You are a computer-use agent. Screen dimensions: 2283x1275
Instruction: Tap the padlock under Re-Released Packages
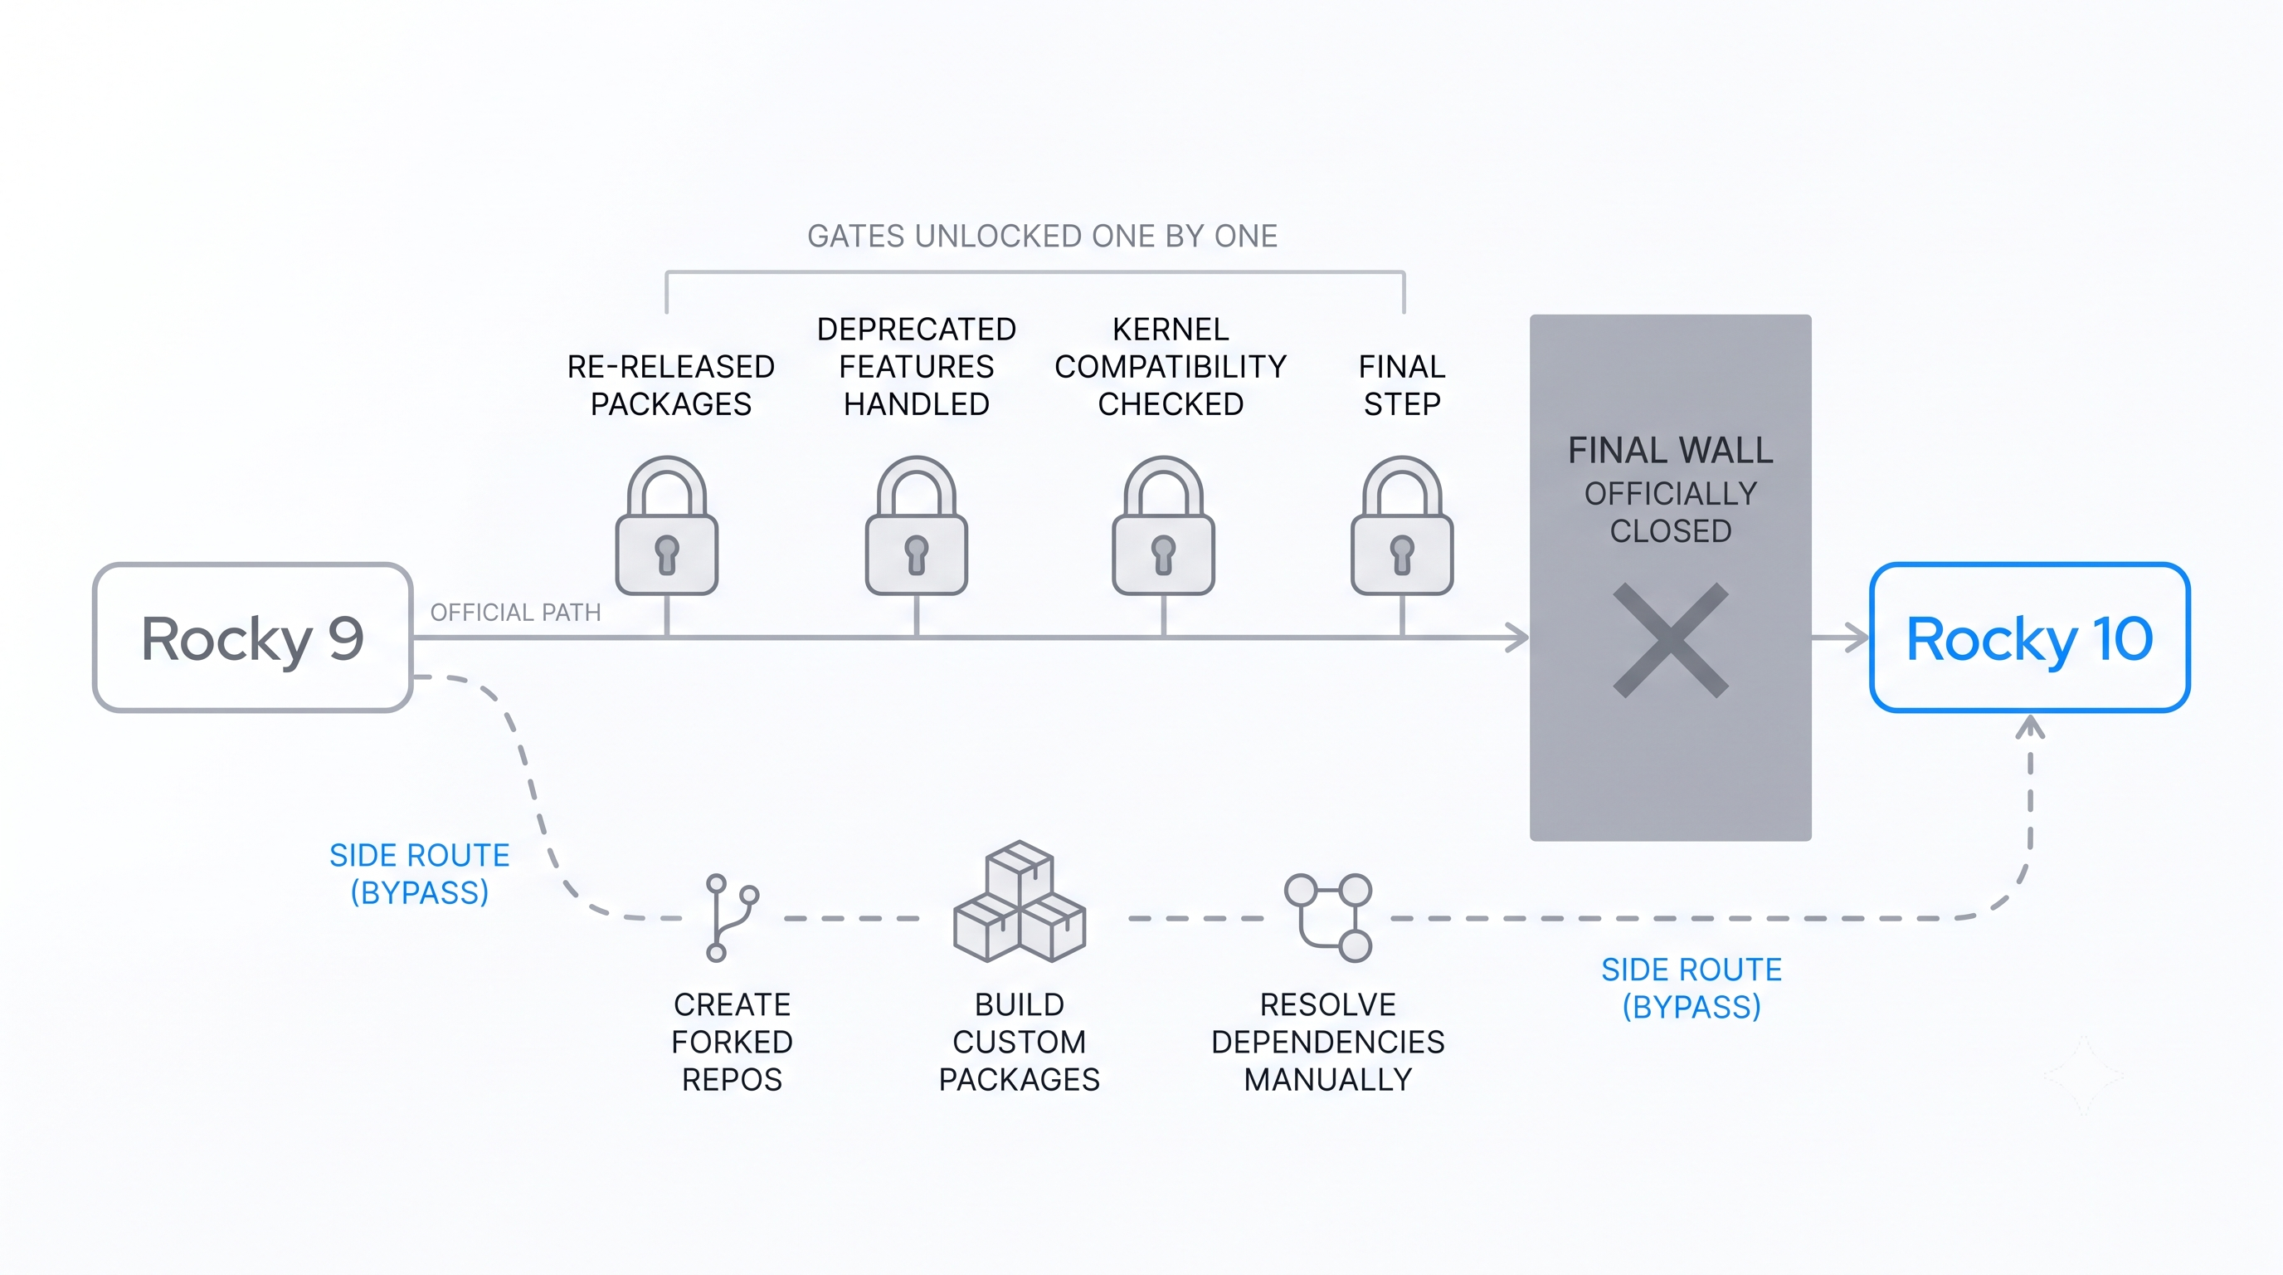(666, 525)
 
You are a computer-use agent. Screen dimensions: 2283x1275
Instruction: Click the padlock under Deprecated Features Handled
(917, 525)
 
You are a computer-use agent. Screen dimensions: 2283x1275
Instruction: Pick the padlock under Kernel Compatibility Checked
(1164, 525)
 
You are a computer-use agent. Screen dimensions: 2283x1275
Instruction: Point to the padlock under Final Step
(1402, 525)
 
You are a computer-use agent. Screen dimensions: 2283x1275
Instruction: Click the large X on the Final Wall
(1671, 640)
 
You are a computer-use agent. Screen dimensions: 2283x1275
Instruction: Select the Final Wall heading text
(1671, 451)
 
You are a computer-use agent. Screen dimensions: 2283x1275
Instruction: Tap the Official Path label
(515, 613)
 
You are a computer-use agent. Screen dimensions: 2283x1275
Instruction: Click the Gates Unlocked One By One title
(1042, 236)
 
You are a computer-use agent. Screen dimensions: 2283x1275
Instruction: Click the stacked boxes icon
(1020, 901)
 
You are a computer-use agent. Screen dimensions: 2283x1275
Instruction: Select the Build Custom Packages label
(1020, 1042)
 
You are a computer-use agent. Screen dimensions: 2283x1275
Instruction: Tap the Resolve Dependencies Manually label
(1327, 1042)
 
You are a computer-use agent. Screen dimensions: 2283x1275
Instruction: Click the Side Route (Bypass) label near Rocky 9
(419, 873)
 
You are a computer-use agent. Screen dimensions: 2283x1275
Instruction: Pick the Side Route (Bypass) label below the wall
(1691, 988)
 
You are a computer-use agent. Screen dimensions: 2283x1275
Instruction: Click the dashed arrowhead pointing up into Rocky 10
(2029, 727)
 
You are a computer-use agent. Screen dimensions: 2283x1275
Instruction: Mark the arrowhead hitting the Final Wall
(1517, 637)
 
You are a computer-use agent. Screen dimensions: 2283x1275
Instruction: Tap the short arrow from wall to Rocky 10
(1840, 637)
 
